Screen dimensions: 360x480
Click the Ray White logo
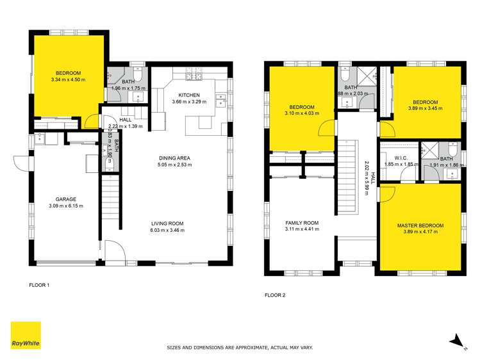pos(26,336)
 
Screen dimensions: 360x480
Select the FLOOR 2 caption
pos(275,295)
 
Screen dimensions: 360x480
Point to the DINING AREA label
pos(175,158)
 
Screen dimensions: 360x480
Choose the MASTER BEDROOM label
pos(420,225)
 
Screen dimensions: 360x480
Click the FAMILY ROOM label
pos(302,223)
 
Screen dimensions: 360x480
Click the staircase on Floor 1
pos(110,202)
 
